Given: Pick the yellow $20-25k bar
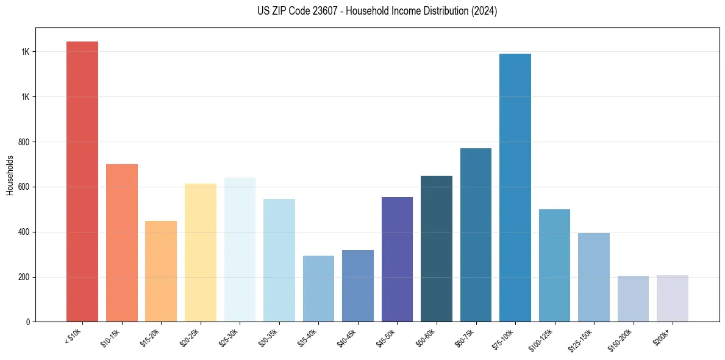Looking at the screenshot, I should pyautogui.click(x=200, y=253).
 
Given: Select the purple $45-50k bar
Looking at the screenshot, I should pyautogui.click(x=397, y=259).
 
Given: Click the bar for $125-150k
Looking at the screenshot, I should pyautogui.click(x=594, y=277).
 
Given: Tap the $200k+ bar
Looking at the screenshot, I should pyautogui.click(x=673, y=298).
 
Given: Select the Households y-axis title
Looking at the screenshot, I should pyautogui.click(x=10, y=175).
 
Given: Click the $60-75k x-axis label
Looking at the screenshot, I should pyautogui.click(x=466, y=337).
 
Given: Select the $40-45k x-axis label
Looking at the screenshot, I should pyautogui.click(x=348, y=337).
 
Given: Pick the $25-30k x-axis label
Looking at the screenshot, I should pyautogui.click(x=230, y=337).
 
